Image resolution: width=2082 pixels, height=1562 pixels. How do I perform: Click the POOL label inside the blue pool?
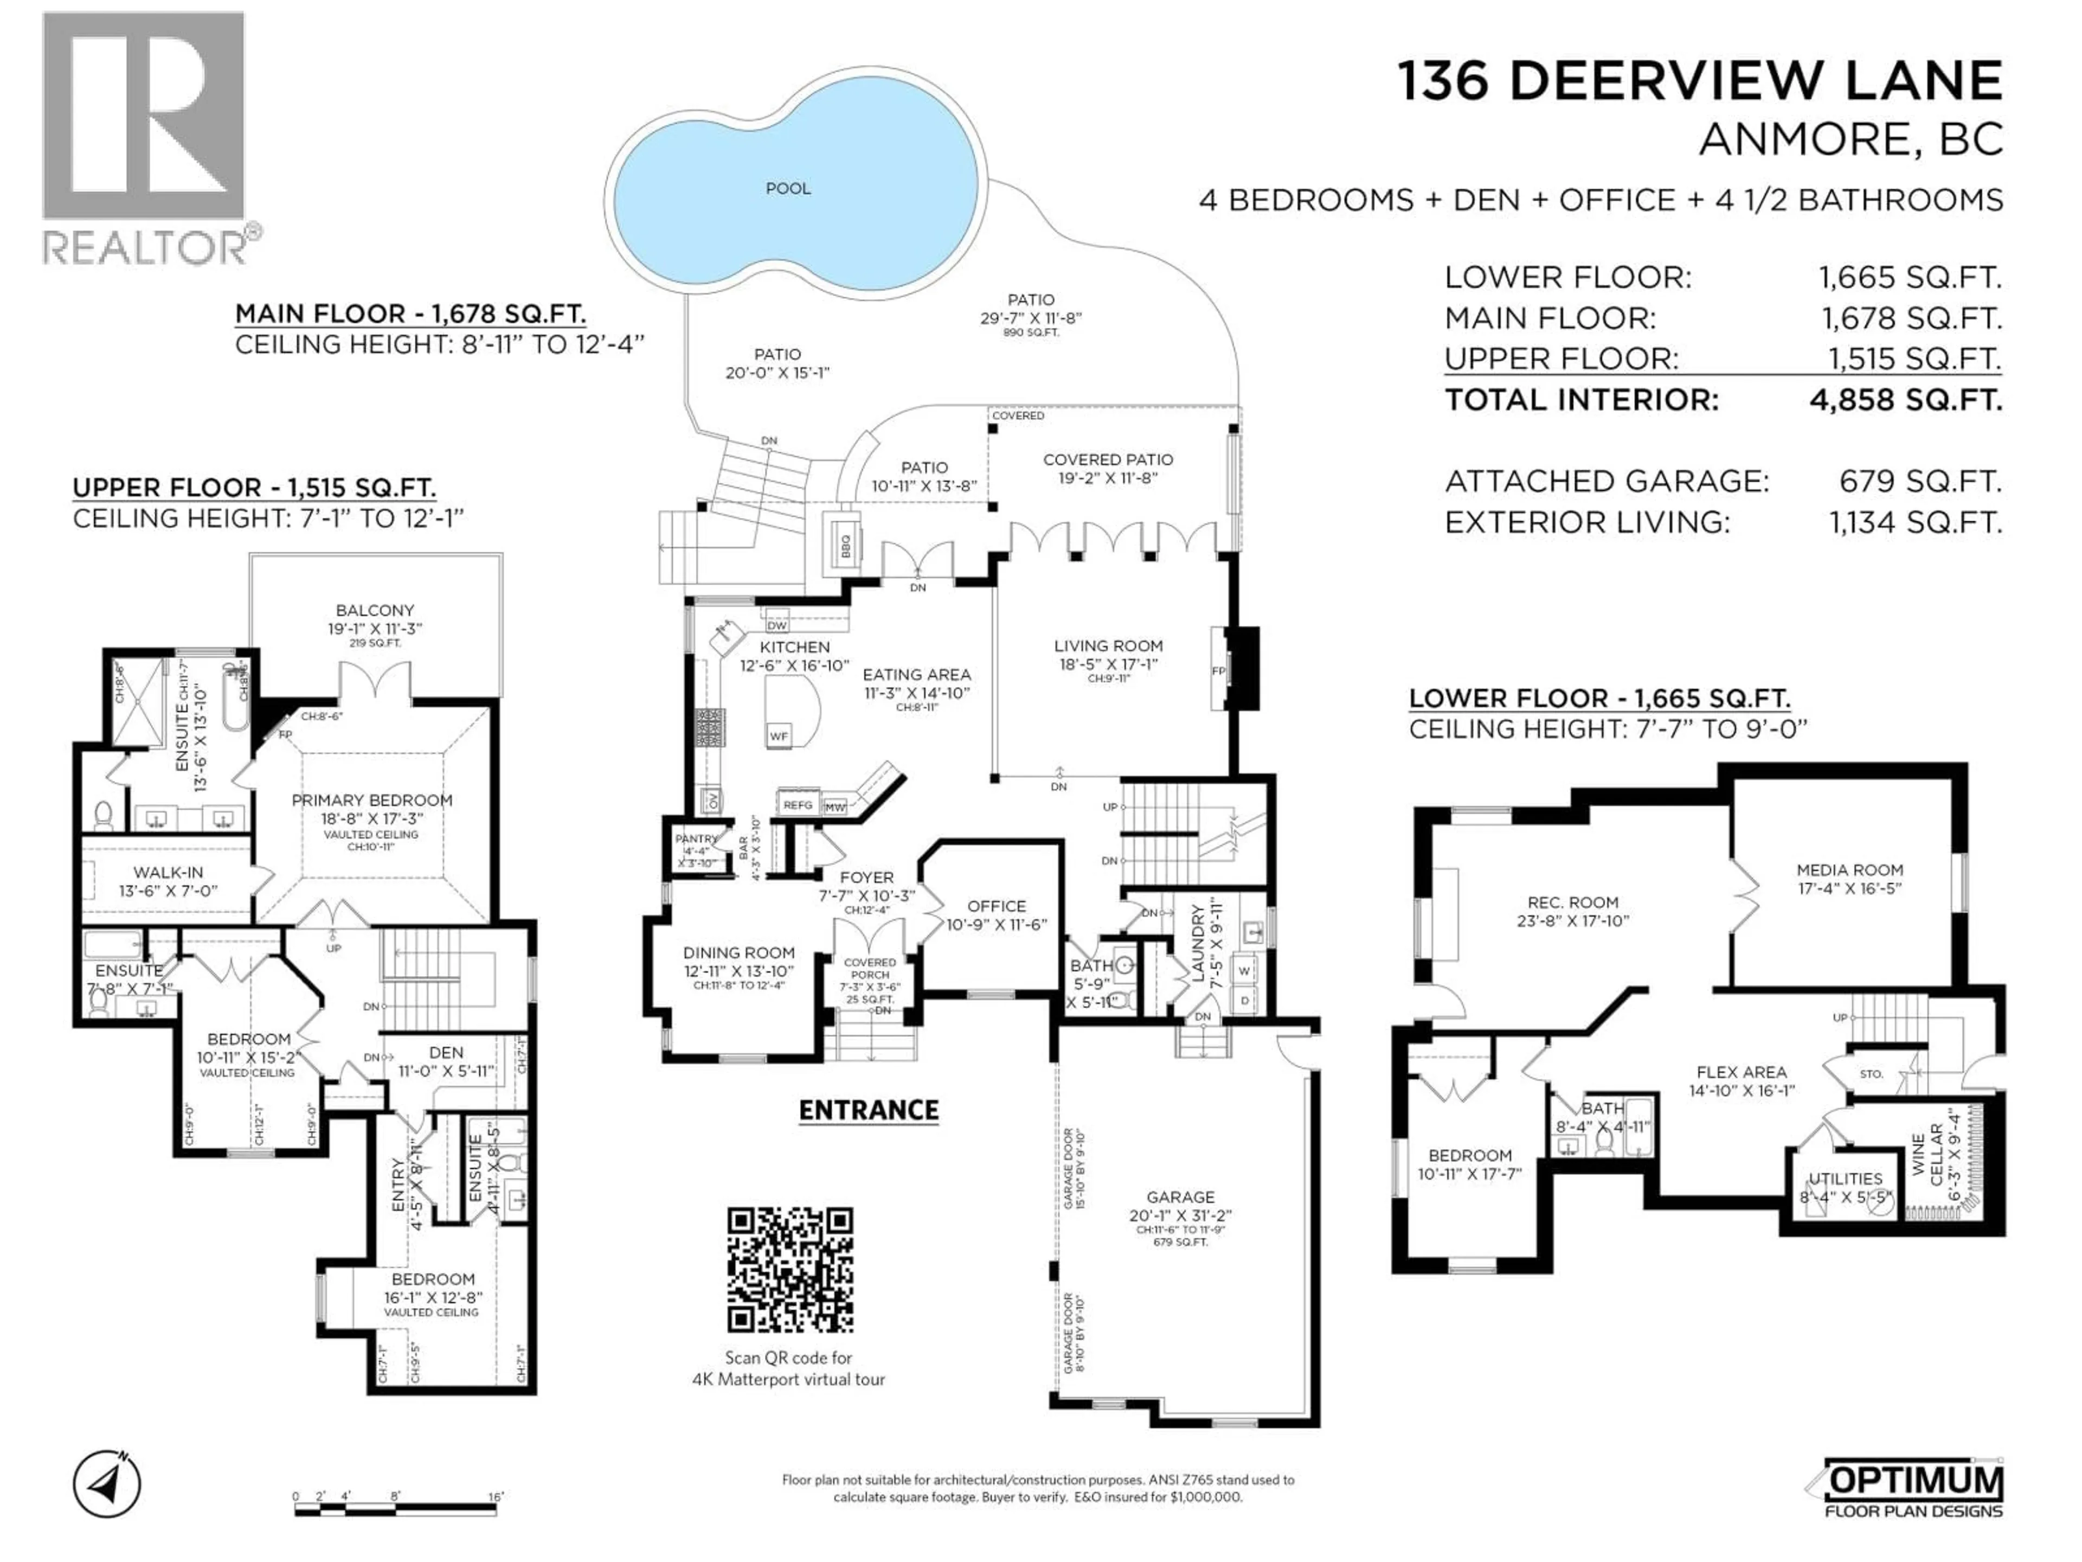pos(788,188)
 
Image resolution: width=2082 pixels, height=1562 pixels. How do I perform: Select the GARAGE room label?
pos(1180,1198)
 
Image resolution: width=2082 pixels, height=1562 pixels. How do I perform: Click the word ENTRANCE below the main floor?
pos(868,1110)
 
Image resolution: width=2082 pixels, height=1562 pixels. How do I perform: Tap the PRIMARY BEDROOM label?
pos(372,801)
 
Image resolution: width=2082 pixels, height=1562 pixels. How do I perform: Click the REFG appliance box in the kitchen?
pos(797,805)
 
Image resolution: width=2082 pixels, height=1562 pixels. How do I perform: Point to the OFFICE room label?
pos(996,906)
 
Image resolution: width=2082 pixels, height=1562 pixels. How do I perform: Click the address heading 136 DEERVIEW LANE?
pos(1699,80)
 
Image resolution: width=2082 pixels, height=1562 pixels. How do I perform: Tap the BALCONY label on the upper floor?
pos(375,610)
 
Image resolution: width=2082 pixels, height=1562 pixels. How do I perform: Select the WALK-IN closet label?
pos(168,873)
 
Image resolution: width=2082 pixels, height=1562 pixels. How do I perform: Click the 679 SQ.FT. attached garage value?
pos(1920,481)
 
